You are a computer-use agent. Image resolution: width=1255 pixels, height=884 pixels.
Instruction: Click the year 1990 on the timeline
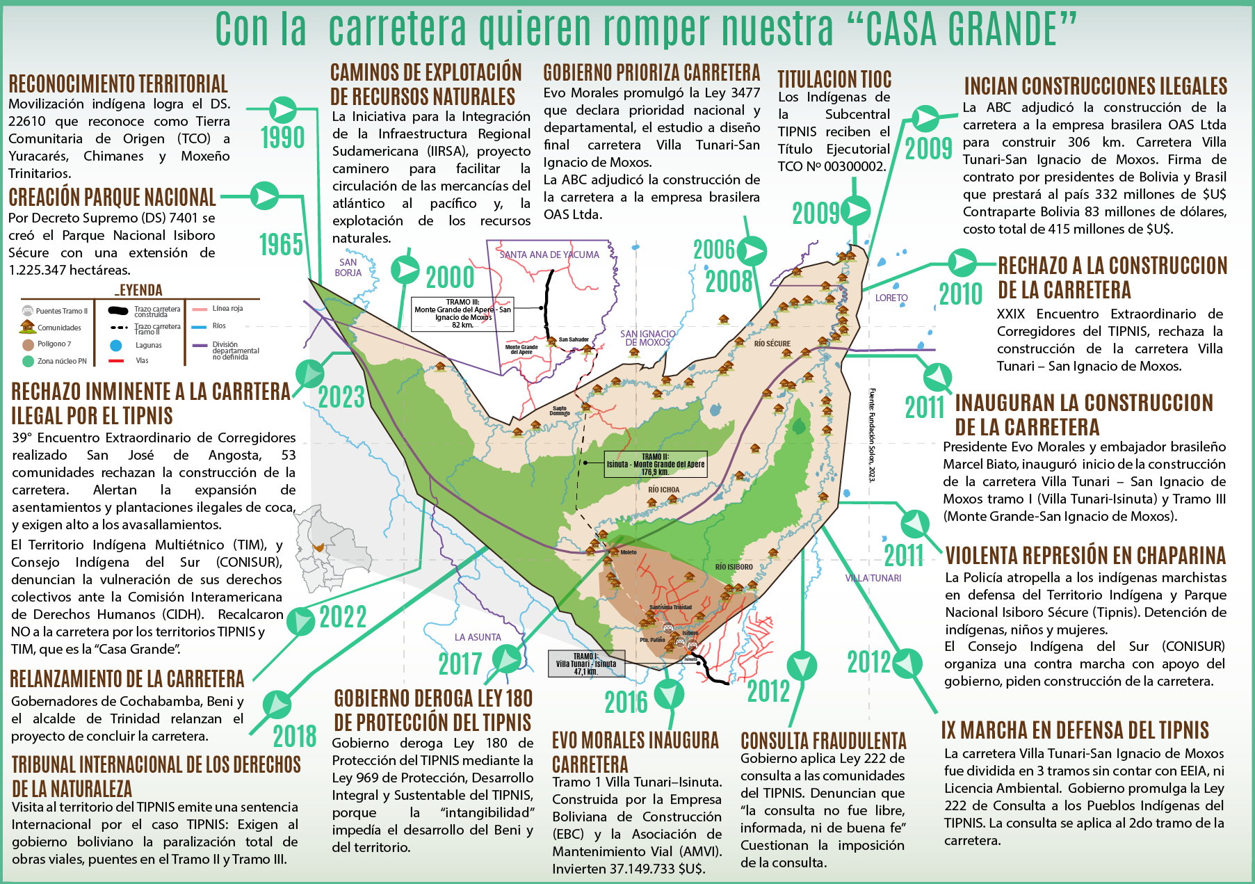click(282, 138)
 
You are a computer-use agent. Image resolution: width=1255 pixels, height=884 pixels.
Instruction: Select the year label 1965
click(281, 245)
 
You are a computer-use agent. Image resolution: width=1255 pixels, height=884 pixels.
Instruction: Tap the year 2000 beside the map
click(450, 278)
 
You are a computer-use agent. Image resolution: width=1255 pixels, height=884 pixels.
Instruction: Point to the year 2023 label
click(341, 397)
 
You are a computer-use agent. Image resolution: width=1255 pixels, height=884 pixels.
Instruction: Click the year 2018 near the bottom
click(294, 736)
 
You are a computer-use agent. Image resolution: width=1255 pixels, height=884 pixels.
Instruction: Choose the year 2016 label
click(626, 702)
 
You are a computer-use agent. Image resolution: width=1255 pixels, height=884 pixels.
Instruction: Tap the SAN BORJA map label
click(348, 268)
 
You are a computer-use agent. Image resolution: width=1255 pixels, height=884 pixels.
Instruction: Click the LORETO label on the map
click(891, 298)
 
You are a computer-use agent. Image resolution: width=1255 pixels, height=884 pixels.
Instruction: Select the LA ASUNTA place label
click(478, 637)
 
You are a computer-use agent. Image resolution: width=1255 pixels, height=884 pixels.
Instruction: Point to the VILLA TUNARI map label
click(873, 578)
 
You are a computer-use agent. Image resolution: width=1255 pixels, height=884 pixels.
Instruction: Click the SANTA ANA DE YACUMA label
click(549, 255)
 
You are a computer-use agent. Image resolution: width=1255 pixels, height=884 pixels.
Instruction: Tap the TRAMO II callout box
click(655, 465)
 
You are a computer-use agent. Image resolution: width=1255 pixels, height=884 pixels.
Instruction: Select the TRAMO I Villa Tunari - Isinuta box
click(586, 664)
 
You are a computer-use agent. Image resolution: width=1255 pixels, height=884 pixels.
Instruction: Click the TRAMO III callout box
click(462, 314)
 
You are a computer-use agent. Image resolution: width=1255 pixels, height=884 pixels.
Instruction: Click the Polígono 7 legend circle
click(28, 344)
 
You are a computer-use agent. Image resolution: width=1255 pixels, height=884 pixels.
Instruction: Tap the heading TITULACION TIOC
click(834, 79)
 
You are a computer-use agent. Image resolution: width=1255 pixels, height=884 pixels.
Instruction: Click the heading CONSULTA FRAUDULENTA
click(823, 741)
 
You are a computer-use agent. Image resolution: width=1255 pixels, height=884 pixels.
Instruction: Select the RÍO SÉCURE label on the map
click(772, 344)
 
